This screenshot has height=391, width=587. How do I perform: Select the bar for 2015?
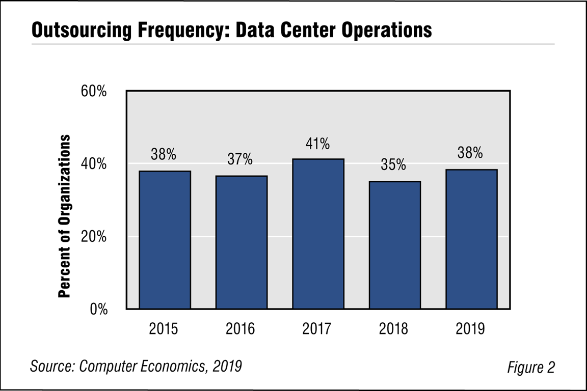click(165, 240)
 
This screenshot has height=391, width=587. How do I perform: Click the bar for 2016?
click(241, 242)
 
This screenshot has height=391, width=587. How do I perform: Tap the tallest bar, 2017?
click(318, 234)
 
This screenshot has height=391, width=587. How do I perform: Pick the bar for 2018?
click(394, 245)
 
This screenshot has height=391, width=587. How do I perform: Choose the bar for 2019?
click(471, 239)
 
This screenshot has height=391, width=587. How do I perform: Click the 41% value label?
click(318, 144)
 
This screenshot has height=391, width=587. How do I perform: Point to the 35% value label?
click(394, 165)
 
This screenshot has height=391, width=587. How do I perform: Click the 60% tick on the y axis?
click(94, 92)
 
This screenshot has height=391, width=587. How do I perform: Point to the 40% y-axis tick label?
click(94, 164)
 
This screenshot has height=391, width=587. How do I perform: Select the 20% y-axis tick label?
click(94, 237)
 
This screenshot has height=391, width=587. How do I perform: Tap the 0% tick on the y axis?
click(98, 310)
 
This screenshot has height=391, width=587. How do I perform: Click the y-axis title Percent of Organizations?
click(64, 216)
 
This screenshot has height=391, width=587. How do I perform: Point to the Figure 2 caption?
click(530, 367)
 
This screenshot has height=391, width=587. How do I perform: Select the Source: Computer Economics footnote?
click(136, 366)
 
